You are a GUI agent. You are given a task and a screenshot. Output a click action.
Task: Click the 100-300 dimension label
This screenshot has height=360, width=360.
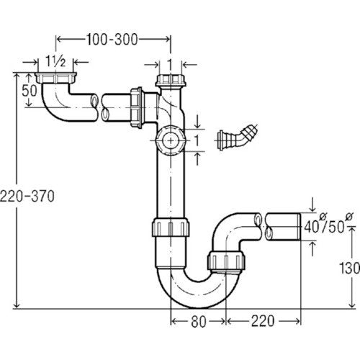[112, 40]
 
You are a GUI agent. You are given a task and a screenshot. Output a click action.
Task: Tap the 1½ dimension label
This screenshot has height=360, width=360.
[55, 63]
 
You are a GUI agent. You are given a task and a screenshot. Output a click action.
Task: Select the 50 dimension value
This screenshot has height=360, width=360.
[30, 91]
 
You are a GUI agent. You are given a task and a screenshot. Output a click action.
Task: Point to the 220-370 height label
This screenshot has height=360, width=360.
[27, 196]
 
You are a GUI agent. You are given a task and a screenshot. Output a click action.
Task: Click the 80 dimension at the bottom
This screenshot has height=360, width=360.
[199, 322]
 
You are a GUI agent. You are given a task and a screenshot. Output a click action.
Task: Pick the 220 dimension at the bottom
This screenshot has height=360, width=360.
[263, 321]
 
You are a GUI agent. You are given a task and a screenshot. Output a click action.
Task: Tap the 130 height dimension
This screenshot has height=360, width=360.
[349, 268]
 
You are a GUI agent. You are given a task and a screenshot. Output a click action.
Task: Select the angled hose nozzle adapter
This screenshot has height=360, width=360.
[237, 137]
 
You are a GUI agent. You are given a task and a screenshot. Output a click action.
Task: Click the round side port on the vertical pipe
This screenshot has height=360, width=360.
[171, 140]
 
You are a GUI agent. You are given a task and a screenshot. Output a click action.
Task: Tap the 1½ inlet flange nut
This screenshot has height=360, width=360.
[55, 78]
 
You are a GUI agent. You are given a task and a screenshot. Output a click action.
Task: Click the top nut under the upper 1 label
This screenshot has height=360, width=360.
[171, 81]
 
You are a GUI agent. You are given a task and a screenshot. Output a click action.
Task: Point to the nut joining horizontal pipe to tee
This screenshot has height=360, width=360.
[136, 107]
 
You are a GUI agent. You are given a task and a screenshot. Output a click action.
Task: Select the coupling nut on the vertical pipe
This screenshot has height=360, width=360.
[171, 227]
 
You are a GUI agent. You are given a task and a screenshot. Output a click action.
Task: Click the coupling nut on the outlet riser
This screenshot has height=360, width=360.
[226, 261]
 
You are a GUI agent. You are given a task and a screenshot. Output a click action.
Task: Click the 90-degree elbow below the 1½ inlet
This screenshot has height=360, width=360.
[58, 106]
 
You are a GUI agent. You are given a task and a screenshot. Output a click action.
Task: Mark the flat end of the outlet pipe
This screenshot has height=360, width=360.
[300, 227]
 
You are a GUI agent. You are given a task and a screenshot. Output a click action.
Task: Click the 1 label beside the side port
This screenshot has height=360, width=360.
[197, 140]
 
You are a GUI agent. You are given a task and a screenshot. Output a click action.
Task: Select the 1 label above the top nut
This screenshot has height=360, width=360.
[170, 64]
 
